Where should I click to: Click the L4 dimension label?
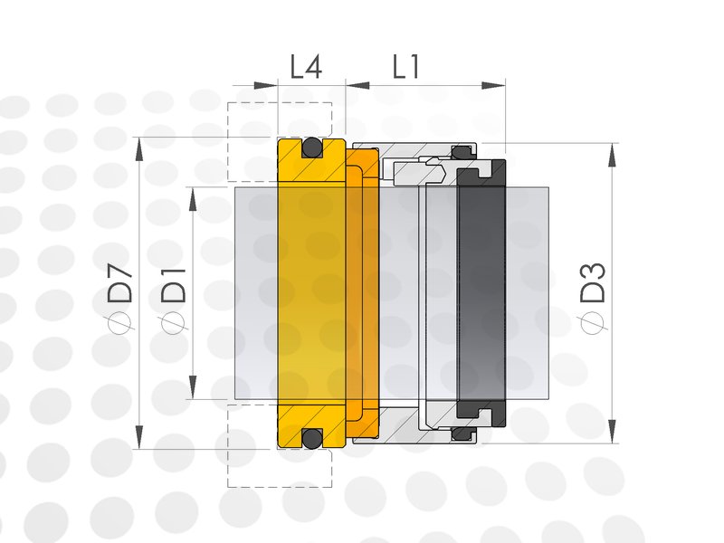[x=306, y=66]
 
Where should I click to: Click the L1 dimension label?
[x=406, y=66]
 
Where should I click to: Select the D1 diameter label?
[x=174, y=285]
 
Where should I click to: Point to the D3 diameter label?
[x=593, y=282]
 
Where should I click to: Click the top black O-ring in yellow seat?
[x=311, y=148]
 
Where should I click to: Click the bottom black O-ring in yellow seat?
[x=311, y=437]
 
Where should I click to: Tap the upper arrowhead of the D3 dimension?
[x=613, y=156]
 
